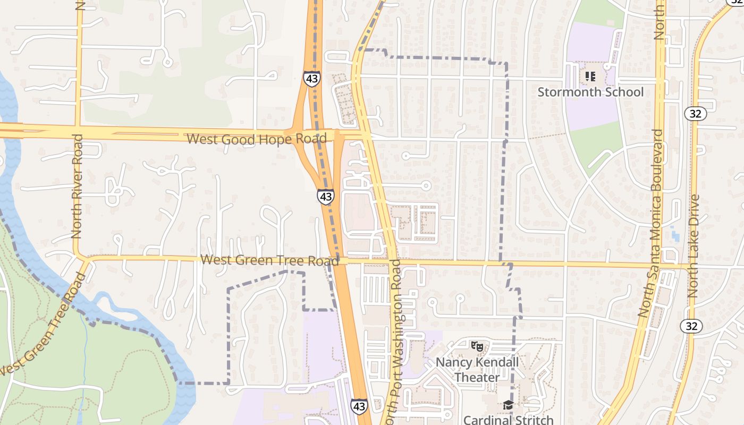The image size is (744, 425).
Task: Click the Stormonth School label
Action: [590, 92]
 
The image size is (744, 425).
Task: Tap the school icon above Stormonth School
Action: [590, 76]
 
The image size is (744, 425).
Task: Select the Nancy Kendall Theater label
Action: [477, 370]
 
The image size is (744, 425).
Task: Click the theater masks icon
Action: [477, 346]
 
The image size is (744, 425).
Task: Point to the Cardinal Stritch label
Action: [508, 420]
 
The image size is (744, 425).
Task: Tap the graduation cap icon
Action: [508, 405]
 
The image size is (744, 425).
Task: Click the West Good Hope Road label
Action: [257, 139]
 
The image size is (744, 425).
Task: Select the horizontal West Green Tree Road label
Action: [269, 260]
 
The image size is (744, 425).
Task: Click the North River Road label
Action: [77, 186]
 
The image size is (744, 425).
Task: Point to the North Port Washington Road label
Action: [397, 340]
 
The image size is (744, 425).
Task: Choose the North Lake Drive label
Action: [693, 245]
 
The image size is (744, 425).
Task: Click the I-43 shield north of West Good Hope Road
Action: [312, 79]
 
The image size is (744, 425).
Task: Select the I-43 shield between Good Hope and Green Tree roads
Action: [326, 197]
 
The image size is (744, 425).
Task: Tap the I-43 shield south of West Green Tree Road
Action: [359, 406]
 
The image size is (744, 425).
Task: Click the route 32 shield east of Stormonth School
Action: [695, 113]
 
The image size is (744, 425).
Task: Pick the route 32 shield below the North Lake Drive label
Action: [691, 326]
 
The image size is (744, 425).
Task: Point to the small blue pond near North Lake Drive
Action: [675, 234]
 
